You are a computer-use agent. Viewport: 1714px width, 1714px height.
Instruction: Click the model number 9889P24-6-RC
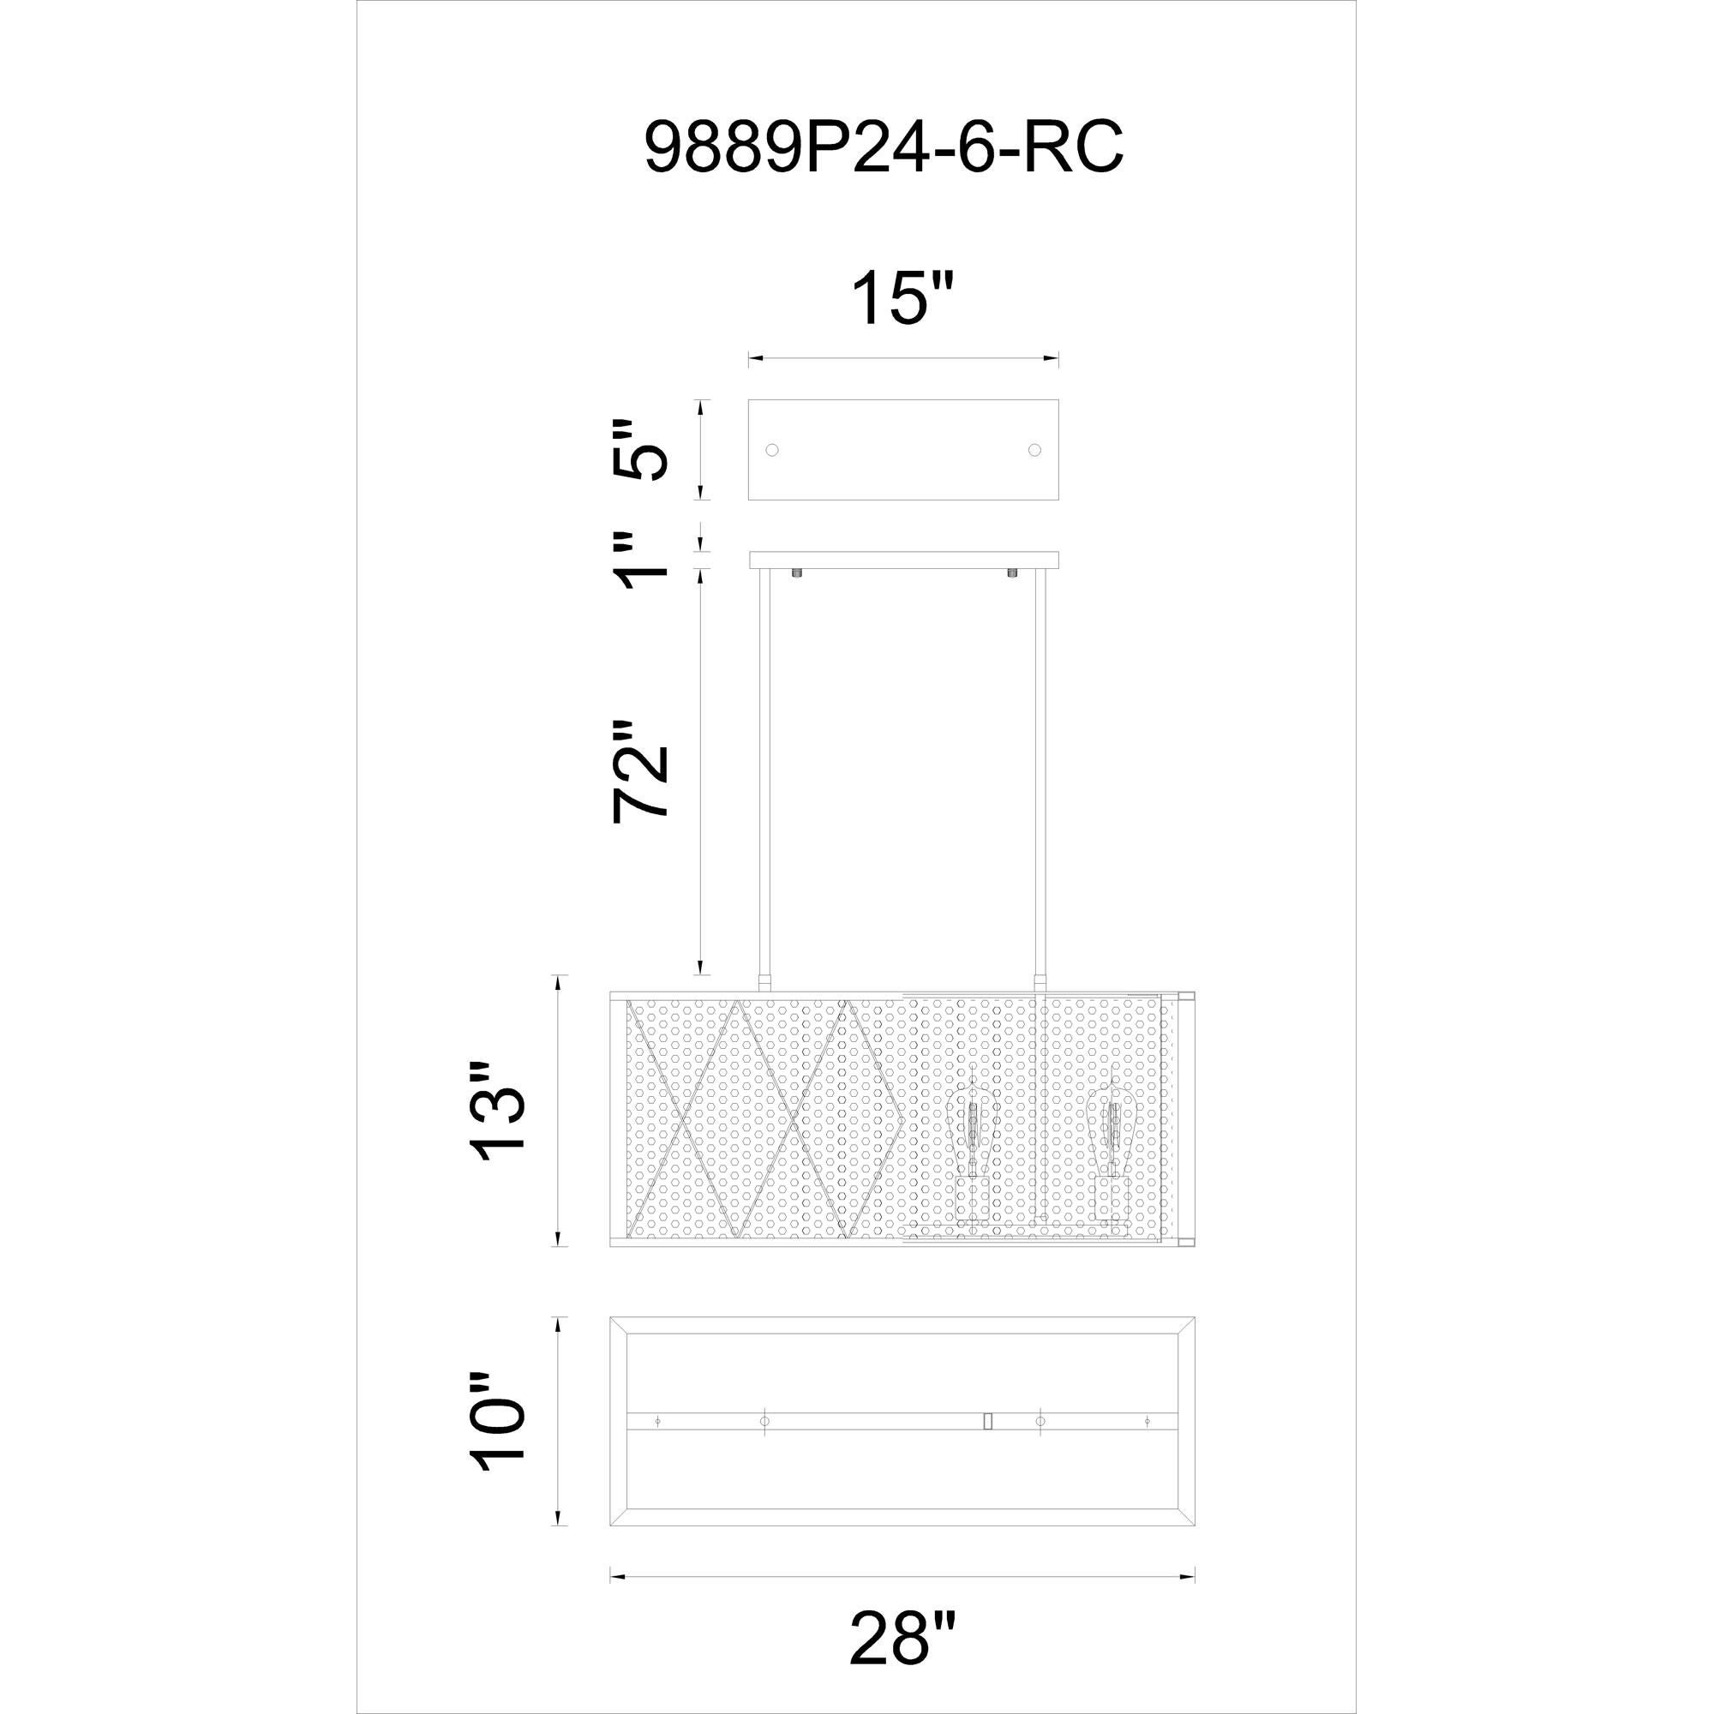coord(884,147)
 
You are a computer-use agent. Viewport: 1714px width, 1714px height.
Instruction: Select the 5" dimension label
coord(641,450)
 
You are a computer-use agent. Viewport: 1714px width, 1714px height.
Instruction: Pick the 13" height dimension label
coord(499,1111)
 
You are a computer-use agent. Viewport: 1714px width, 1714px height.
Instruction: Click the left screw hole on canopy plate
coord(772,450)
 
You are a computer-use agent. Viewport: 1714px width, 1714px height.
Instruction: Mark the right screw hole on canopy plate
coord(1034,450)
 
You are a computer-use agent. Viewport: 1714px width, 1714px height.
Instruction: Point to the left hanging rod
coord(764,781)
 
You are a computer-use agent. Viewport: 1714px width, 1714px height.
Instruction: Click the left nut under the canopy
coord(796,573)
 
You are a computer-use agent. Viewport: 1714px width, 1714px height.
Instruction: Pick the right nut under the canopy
coord(1012,573)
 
